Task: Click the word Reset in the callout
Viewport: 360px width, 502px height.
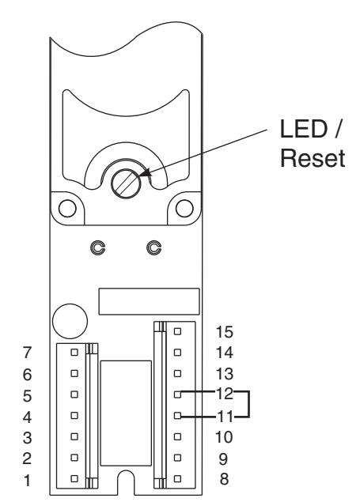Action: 313,158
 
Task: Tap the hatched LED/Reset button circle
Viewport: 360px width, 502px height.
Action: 126,183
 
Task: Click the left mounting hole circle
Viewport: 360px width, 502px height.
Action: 67,208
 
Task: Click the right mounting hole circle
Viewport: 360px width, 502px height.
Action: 184,208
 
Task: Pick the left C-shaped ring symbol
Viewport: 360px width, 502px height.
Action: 97,247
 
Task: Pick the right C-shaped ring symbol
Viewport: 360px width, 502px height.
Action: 153,247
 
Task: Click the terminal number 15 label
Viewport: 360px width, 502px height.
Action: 224,332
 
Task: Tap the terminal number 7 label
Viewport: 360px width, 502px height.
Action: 27,353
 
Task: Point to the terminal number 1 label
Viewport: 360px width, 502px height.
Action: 28,480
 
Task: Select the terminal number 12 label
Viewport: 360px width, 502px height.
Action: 225,394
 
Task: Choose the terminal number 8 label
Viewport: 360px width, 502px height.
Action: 224,479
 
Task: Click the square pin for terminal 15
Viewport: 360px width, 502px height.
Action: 177,331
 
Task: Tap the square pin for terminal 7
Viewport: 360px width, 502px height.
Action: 74,352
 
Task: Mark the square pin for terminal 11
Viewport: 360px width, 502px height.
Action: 177,416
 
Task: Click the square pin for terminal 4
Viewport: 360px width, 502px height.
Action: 74,416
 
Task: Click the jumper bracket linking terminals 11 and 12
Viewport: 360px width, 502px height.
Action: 248,404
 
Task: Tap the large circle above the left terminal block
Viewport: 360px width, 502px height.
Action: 70,321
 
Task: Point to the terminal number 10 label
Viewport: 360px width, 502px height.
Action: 224,437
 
